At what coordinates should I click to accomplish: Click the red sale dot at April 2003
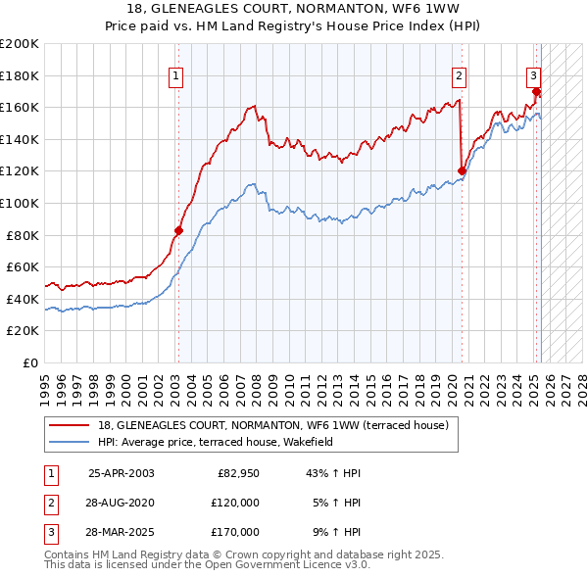pyautogui.click(x=179, y=230)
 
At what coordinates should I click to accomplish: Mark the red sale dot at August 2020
pyautogui.click(x=462, y=171)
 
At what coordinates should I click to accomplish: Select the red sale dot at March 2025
pyautogui.click(x=536, y=92)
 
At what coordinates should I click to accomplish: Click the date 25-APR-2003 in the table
pyautogui.click(x=121, y=473)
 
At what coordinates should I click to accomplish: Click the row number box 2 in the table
pyautogui.click(x=50, y=503)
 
